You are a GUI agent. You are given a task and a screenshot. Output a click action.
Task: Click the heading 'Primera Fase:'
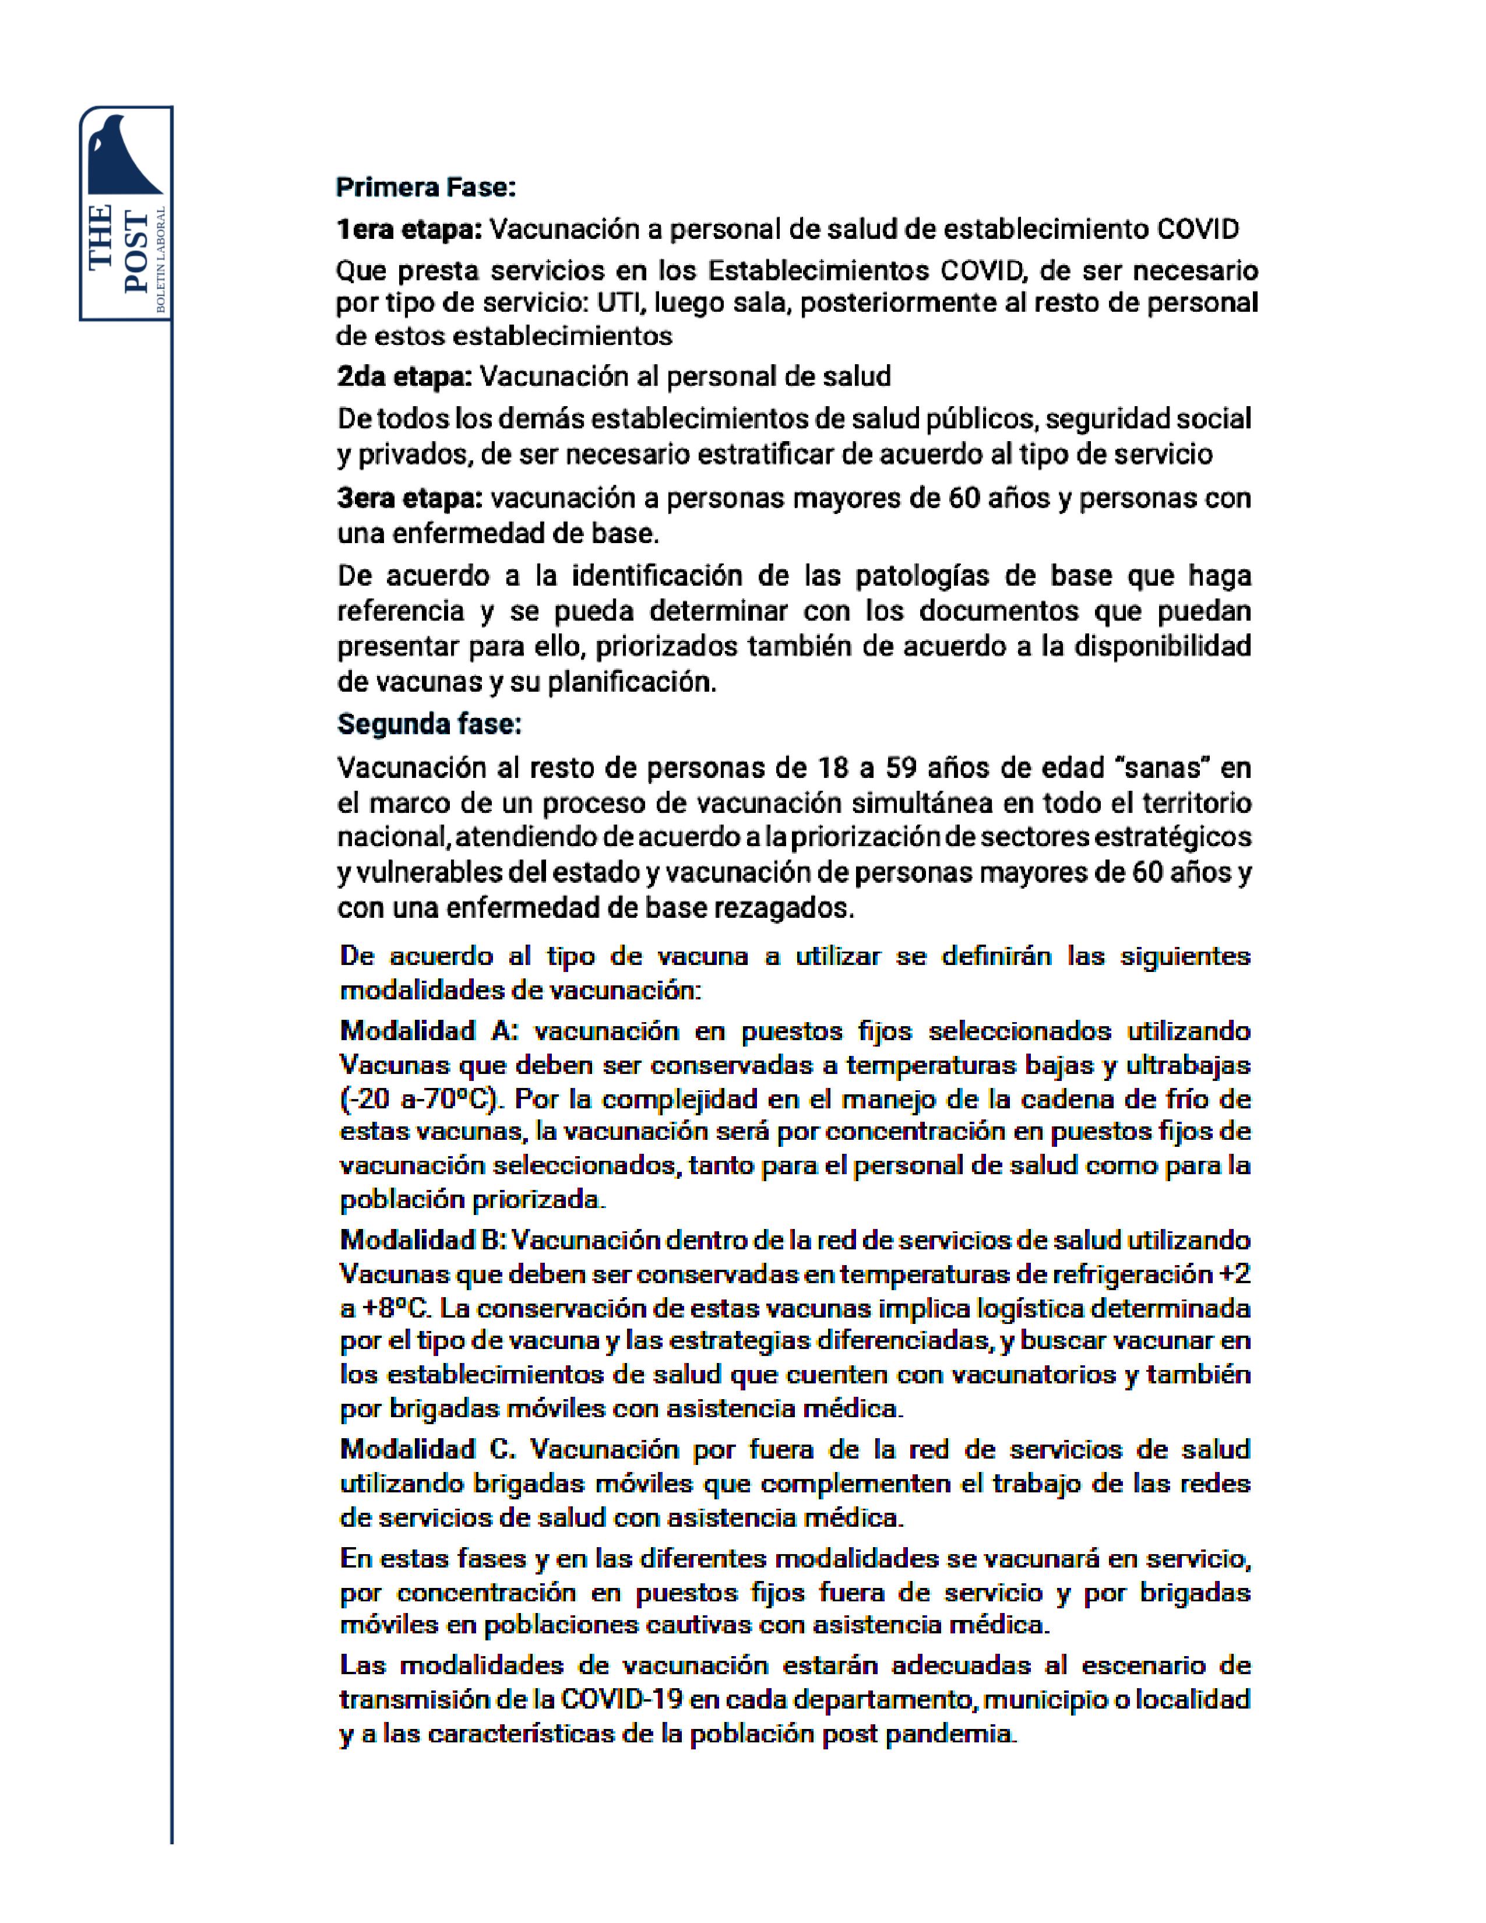(426, 188)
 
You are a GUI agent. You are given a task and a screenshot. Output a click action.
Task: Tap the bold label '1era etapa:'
(409, 230)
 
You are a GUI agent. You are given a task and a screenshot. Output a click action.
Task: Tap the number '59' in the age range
(900, 768)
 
